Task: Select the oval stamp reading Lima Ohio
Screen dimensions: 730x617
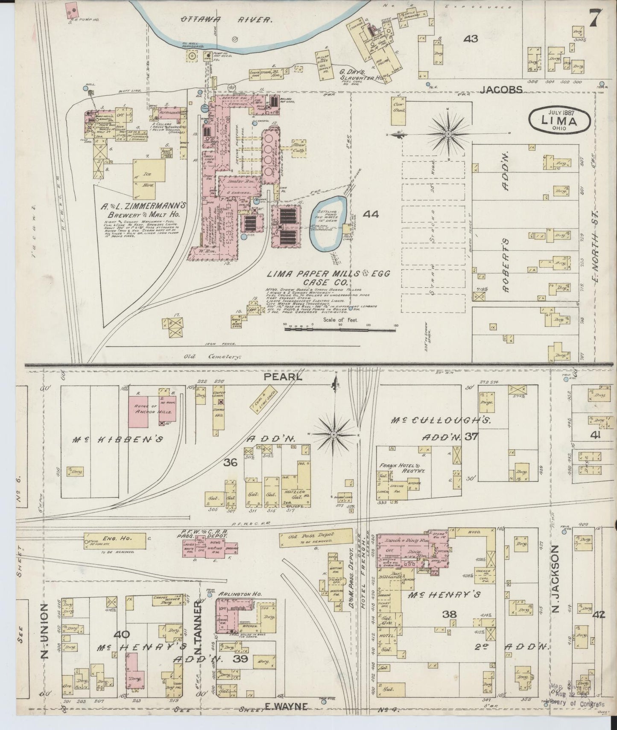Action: coord(560,120)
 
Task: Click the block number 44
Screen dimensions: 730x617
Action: coord(371,214)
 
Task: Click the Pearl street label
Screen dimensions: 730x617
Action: coord(283,377)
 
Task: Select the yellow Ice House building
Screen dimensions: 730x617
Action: coord(147,179)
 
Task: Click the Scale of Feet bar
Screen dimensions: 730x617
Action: coord(340,329)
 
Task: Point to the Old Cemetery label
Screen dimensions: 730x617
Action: coord(213,356)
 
